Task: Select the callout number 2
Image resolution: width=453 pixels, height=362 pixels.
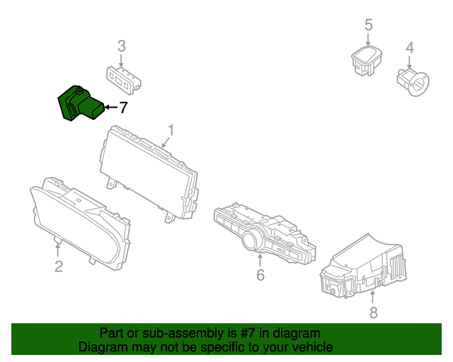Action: (59, 266)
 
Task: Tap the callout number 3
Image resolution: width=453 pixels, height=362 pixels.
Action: (122, 46)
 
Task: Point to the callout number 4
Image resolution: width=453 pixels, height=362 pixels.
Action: (409, 48)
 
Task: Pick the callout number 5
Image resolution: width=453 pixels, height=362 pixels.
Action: (368, 25)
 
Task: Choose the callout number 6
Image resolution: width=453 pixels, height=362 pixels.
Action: (260, 274)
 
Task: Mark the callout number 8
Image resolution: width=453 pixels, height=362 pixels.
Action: (374, 312)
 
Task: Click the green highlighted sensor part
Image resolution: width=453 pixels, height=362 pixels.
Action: (78, 105)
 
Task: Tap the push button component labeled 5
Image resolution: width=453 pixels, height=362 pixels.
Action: (366, 60)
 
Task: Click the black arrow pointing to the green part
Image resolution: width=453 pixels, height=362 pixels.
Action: (110, 107)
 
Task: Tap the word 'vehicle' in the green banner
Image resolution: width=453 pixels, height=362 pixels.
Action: (311, 347)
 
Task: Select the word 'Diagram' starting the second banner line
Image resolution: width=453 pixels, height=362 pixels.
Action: (101, 347)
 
